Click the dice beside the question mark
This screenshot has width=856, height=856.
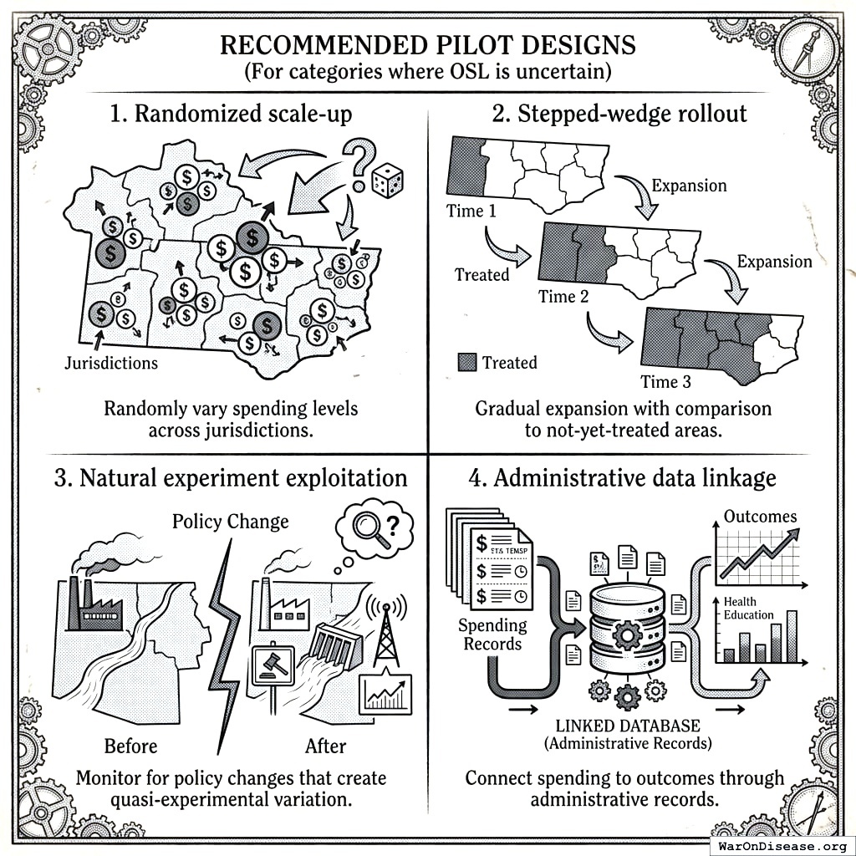point(387,181)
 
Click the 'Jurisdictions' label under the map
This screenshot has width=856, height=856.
point(111,364)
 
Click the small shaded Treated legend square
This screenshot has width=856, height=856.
point(467,363)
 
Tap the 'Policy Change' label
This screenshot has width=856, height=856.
point(230,522)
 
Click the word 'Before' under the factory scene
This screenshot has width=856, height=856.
point(130,746)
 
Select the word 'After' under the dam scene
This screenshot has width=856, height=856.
point(325,746)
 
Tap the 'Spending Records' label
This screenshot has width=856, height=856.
point(493,634)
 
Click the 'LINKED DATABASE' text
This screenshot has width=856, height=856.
point(629,726)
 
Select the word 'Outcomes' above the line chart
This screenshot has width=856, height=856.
point(760,517)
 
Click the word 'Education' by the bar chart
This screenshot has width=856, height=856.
point(748,615)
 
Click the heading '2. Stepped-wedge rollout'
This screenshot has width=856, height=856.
point(619,114)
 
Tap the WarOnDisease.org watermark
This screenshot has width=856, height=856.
point(782,844)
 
